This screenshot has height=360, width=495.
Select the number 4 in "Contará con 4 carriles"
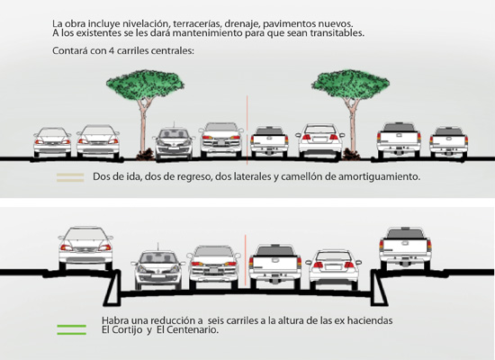[111, 50]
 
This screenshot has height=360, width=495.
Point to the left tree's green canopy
[145, 84]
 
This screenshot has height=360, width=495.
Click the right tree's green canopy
[350, 84]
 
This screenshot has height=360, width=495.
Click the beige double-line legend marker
[70, 177]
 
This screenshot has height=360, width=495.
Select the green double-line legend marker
[72, 329]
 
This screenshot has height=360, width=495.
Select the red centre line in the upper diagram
[247, 130]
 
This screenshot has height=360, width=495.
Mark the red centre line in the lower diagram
[245, 262]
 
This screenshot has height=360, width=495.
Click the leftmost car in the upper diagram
[52, 142]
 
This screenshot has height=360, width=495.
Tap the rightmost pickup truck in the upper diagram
[448, 142]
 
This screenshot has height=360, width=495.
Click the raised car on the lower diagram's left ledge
[85, 248]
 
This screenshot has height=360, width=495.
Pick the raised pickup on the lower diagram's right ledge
[405, 248]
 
